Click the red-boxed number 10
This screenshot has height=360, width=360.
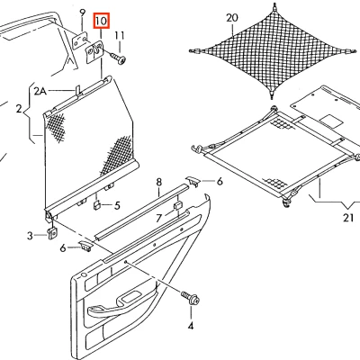tap(100, 19)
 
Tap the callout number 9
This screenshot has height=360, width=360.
tap(82, 13)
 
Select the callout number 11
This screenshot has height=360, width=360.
tap(119, 35)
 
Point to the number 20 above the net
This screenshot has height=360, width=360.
tap(232, 18)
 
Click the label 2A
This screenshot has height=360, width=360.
tap(40, 91)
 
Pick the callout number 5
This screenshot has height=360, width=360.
tap(116, 206)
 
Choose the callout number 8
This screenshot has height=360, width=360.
tap(158, 183)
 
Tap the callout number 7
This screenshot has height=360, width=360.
tap(158, 218)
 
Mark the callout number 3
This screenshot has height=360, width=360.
tap(29, 236)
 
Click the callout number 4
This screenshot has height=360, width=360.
tap(191, 326)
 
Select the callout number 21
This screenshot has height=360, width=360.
tap(348, 215)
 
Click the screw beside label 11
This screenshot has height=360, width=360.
tap(118, 56)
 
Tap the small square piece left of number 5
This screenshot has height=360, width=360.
tap(95, 204)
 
